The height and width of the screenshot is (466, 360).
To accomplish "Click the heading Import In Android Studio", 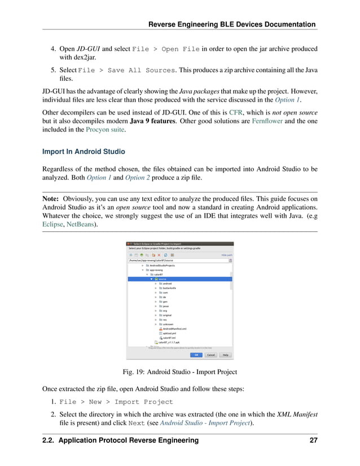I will click(83, 151).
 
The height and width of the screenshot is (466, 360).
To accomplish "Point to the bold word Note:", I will click(51, 199).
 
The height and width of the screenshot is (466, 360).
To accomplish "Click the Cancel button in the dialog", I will click(210, 355).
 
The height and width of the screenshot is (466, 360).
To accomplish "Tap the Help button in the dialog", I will click(225, 355).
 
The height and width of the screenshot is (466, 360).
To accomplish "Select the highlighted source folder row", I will click(163, 279).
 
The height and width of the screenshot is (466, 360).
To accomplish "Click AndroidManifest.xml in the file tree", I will click(175, 328).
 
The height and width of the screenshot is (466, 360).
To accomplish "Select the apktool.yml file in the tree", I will click(170, 333).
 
